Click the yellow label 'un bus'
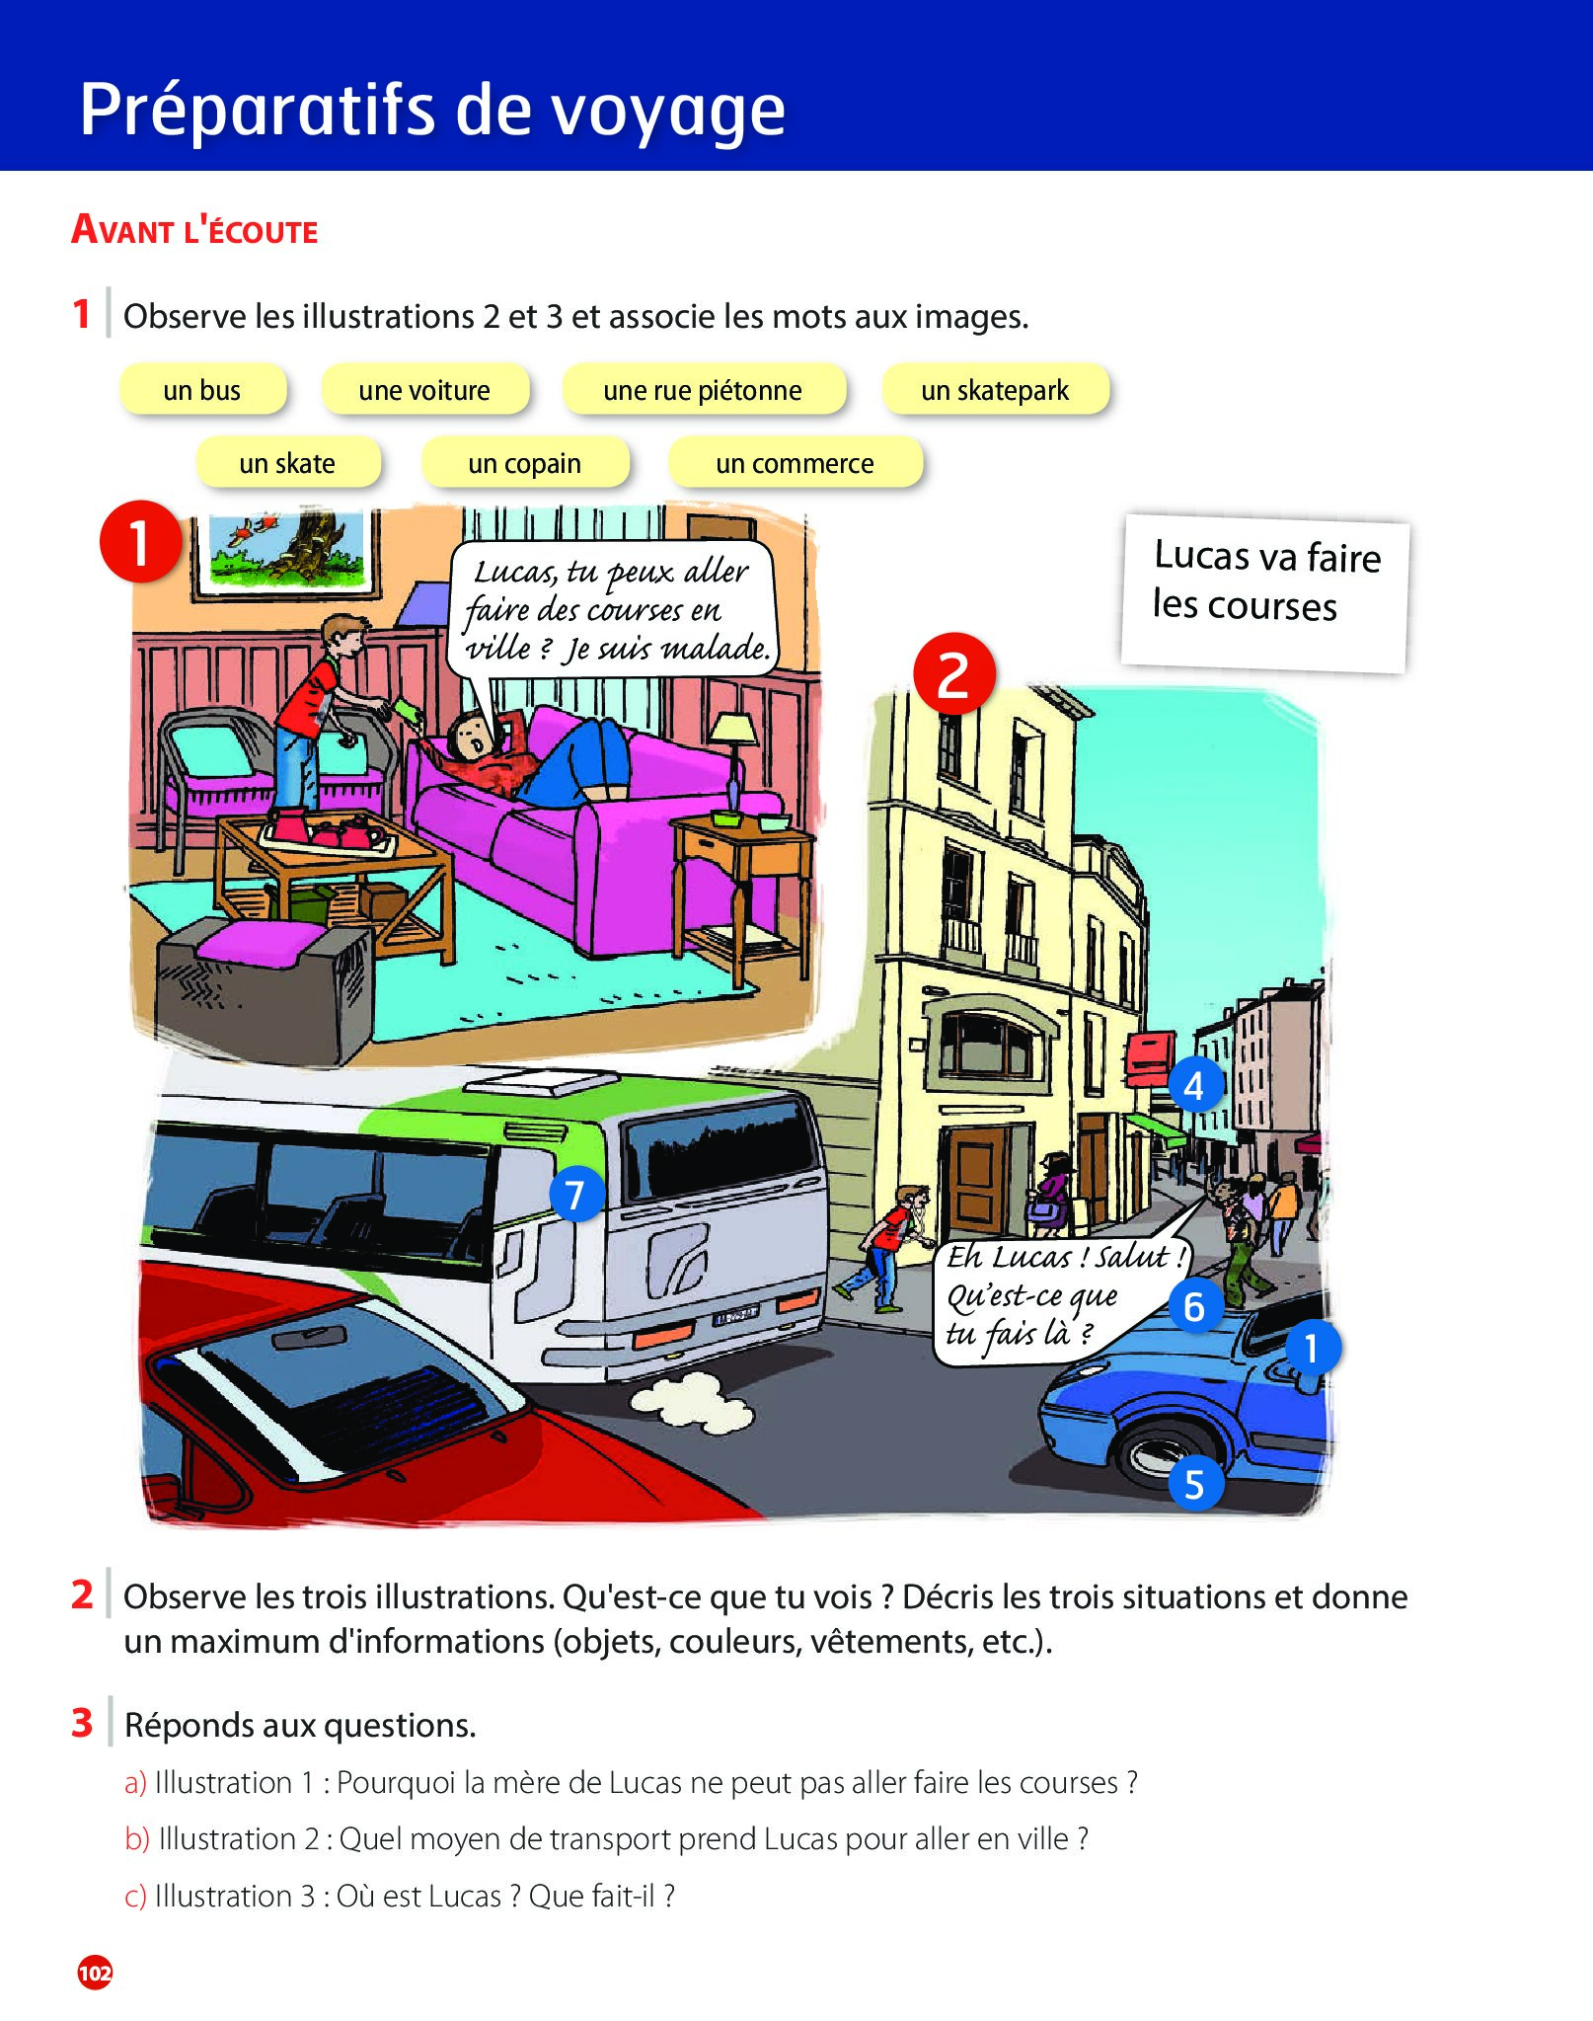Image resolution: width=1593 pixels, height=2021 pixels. pyautogui.click(x=202, y=390)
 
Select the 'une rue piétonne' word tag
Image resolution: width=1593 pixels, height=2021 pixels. pyautogui.click(x=703, y=390)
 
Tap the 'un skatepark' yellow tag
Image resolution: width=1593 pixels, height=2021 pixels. pyautogui.click(x=995, y=390)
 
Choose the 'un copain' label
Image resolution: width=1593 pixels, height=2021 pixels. pyautogui.click(x=525, y=463)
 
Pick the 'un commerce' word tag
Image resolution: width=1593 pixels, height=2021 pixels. pyautogui.click(x=795, y=463)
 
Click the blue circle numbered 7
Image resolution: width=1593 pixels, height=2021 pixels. pyautogui.click(x=575, y=1195)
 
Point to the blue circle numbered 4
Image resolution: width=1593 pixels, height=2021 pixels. pyautogui.click(x=1195, y=1085)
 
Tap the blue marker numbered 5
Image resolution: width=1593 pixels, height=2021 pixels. pyautogui.click(x=1195, y=1484)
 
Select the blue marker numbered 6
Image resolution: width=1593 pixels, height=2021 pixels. pyautogui.click(x=1195, y=1306)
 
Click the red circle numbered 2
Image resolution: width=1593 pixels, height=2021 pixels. pyautogui.click(x=953, y=674)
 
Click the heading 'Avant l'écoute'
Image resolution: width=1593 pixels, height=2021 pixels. pyautogui.click(x=194, y=231)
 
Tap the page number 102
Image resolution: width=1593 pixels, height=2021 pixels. pyautogui.click(x=95, y=1973)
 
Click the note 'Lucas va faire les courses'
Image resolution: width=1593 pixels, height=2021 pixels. pyautogui.click(x=1265, y=592)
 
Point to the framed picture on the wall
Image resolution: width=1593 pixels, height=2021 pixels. pyautogui.click(x=286, y=554)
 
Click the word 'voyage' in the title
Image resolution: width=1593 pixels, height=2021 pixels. pyautogui.click(x=668, y=111)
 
